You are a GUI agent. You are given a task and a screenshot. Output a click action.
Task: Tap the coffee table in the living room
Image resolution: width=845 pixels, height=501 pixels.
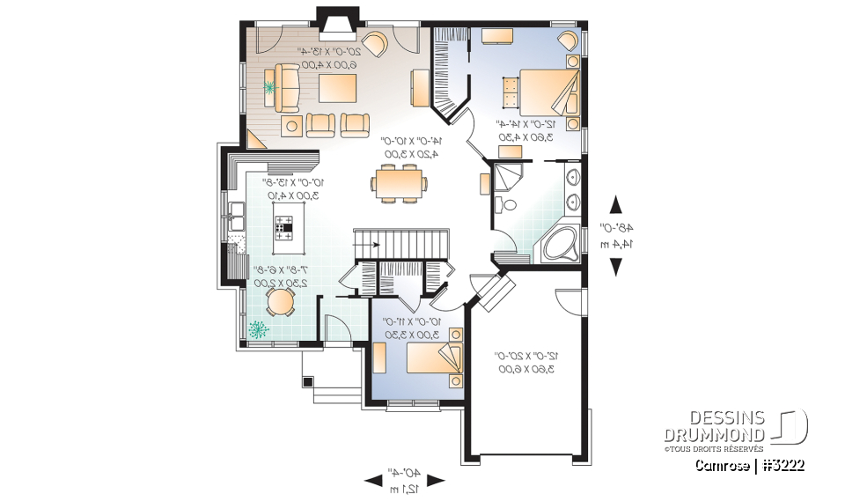coord(337,88)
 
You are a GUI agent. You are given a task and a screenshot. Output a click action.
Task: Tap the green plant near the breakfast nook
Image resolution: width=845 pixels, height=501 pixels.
coord(259,330)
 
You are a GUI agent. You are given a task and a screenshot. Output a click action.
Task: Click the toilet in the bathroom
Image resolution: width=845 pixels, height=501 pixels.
coord(508,206)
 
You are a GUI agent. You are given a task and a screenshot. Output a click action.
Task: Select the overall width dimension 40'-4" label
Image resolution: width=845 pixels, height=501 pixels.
coord(406,479)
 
